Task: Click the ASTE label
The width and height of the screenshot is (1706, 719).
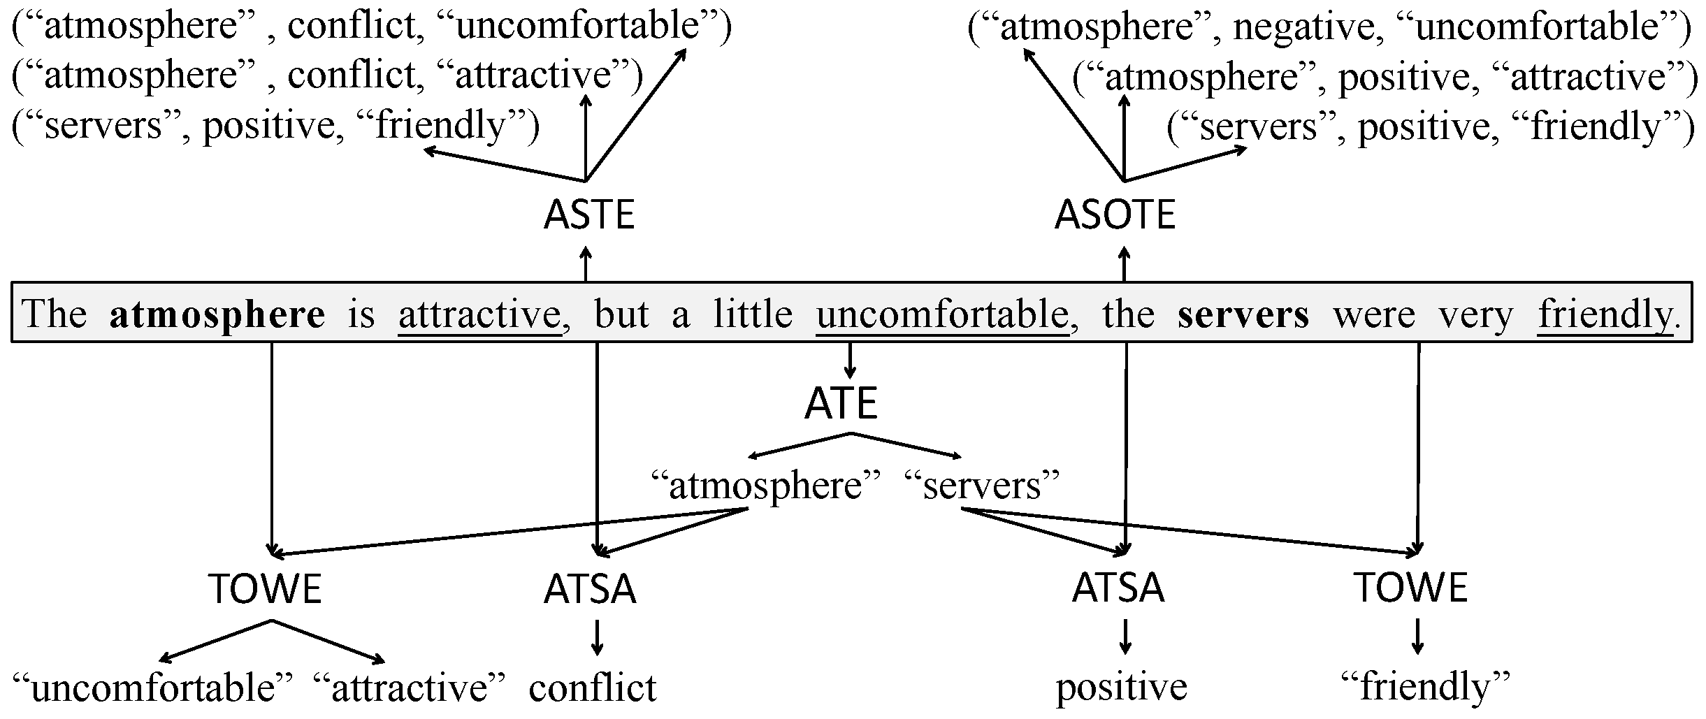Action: [x=588, y=215]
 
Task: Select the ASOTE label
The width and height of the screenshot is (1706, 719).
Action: [x=1115, y=215]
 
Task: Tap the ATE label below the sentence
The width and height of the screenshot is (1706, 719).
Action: [x=841, y=404]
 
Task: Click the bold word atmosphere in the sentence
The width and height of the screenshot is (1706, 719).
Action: [x=217, y=314]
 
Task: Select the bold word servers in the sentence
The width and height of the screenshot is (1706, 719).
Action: [x=1243, y=314]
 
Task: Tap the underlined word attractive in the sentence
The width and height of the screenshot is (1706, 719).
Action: [x=480, y=314]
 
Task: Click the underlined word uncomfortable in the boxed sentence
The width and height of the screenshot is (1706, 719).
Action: [x=942, y=314]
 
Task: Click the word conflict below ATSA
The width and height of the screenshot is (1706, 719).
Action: [x=593, y=688]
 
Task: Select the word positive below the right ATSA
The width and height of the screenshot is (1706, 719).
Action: [x=1121, y=688]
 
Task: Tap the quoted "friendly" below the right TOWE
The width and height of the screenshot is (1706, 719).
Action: [x=1426, y=688]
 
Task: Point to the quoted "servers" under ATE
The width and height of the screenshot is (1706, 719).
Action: [x=982, y=485]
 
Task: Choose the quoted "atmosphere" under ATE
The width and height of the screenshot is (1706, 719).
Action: [x=765, y=485]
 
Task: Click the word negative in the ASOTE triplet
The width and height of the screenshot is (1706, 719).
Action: [x=1303, y=28]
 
